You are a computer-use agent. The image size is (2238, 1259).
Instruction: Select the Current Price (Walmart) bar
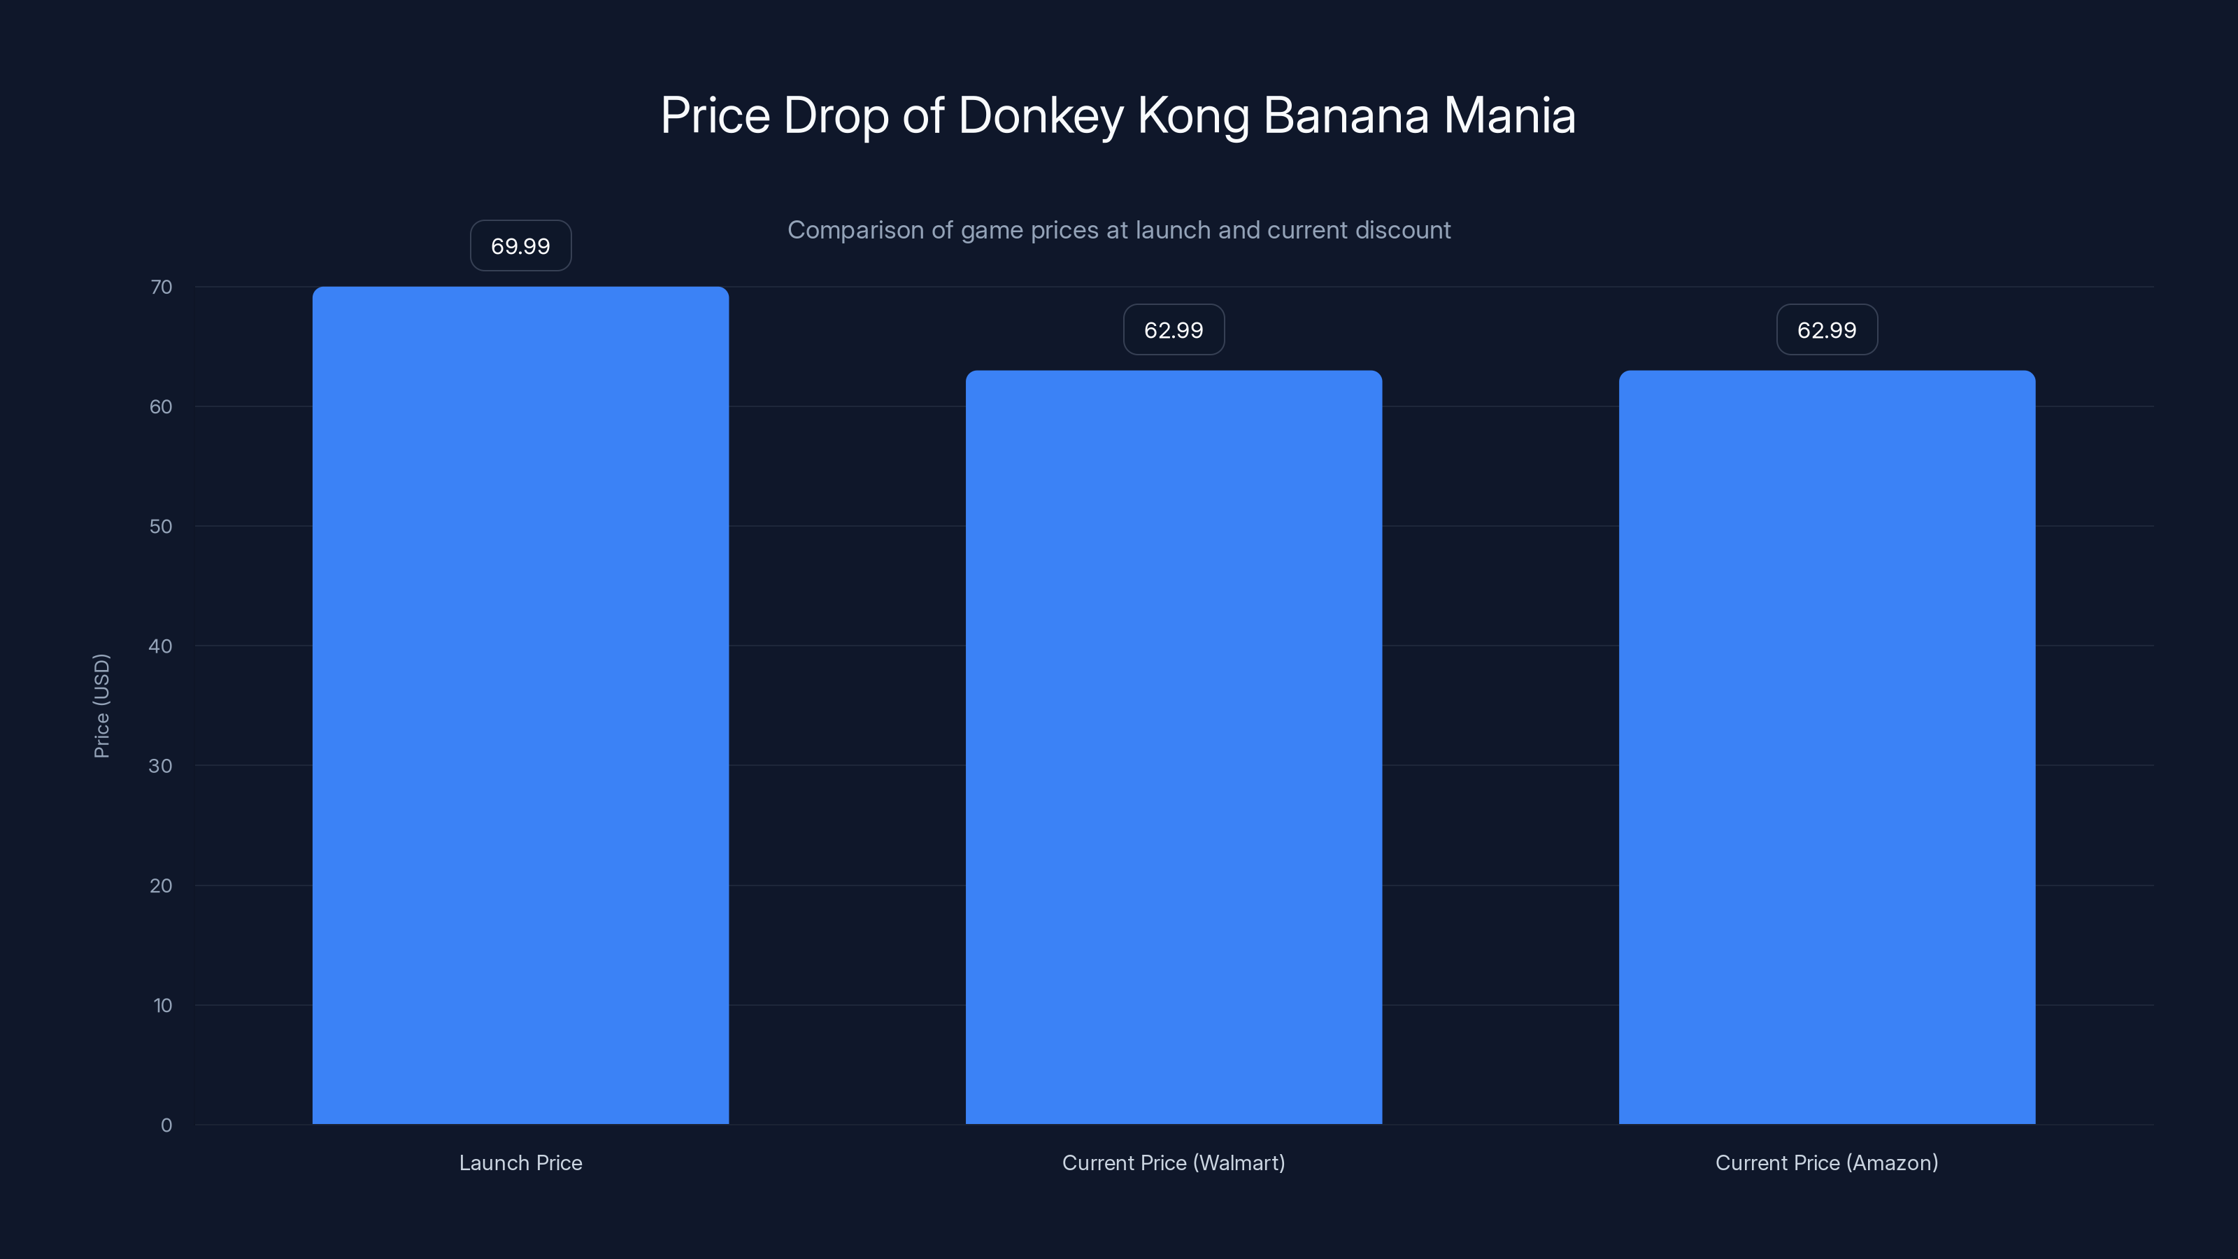coord(1174,747)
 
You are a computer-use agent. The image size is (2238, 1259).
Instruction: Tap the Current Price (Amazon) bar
coord(1827,747)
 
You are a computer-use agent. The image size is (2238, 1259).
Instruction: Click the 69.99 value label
coord(520,246)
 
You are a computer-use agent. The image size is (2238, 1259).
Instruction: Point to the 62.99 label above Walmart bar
coord(1174,330)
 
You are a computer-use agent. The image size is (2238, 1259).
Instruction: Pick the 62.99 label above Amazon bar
coord(1827,330)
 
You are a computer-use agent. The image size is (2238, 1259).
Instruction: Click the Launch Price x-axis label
coord(520,1162)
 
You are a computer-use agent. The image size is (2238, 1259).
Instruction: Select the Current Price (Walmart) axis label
coord(1174,1162)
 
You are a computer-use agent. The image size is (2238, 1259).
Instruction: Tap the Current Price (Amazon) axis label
coord(1827,1162)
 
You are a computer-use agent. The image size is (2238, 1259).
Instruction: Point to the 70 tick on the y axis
coord(161,287)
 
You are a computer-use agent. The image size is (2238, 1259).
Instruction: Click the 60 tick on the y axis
coord(161,406)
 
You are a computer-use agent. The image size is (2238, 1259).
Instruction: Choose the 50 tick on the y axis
coord(161,527)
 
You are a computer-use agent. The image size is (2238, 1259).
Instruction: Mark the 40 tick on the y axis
coord(161,646)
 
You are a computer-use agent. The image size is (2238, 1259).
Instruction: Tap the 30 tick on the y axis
coord(161,765)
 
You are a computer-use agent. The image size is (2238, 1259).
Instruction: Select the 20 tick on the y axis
coord(161,885)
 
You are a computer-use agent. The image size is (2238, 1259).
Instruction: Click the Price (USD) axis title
coord(101,706)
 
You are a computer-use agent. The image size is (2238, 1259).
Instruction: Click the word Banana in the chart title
coord(1346,115)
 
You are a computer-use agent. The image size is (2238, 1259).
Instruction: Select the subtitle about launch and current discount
coord(1119,230)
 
